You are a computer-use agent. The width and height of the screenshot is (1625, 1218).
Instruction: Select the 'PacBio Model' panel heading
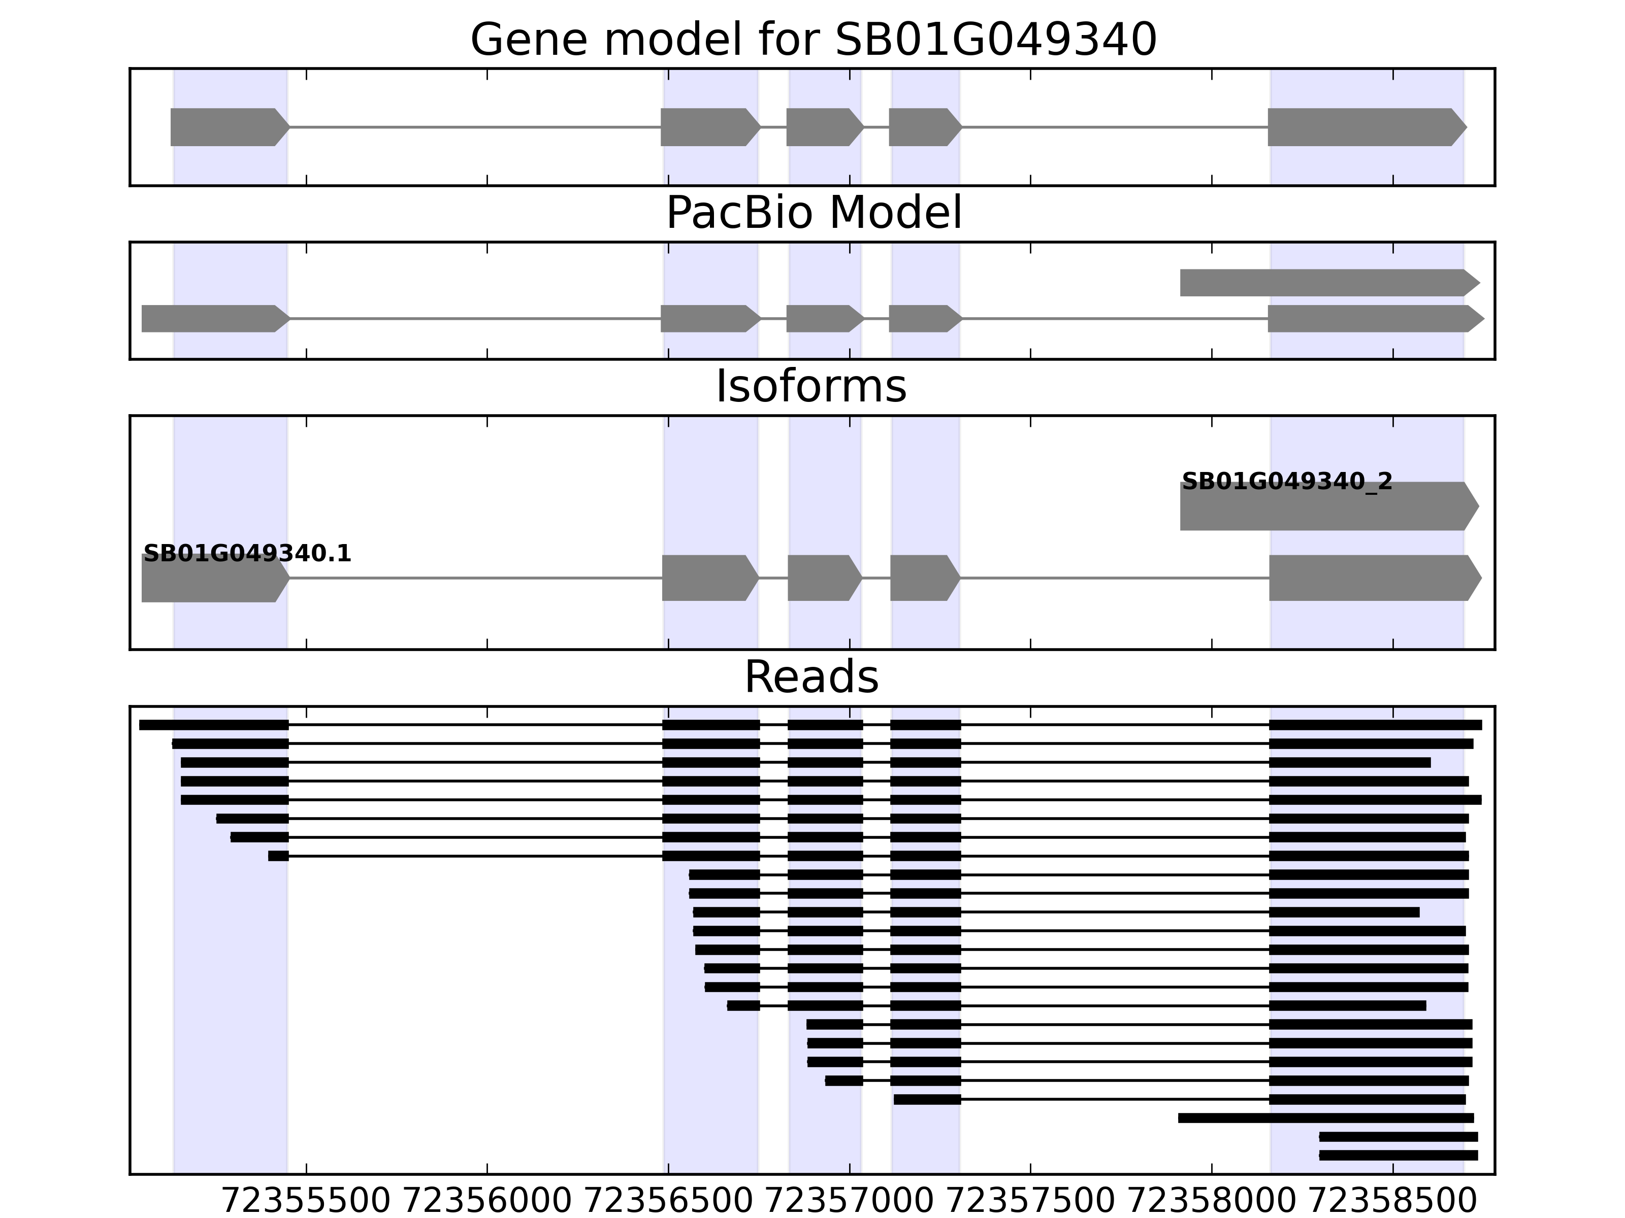(812, 213)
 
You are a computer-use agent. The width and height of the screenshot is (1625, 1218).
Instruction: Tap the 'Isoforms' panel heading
(810, 387)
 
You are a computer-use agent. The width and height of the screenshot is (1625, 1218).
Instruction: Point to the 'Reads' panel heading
(811, 677)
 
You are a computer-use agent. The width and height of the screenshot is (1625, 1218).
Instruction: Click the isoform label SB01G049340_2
(1286, 482)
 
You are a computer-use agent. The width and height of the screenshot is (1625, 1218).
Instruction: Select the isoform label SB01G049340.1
(247, 554)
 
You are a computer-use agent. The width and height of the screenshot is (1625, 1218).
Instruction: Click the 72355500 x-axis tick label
(306, 1201)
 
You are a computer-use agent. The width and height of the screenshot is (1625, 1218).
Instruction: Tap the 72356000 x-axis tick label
(487, 1201)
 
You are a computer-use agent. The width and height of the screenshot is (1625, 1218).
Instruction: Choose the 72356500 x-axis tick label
(668, 1201)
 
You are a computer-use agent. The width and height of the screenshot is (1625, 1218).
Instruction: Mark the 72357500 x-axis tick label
(1031, 1201)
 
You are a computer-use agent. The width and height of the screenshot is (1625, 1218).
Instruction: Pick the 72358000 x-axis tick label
(1212, 1201)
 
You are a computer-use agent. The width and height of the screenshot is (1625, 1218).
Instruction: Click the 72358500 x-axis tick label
(1393, 1201)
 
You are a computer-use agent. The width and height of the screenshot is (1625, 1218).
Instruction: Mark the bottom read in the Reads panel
(1398, 1156)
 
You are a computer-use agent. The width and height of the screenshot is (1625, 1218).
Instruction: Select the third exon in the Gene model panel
(823, 127)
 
